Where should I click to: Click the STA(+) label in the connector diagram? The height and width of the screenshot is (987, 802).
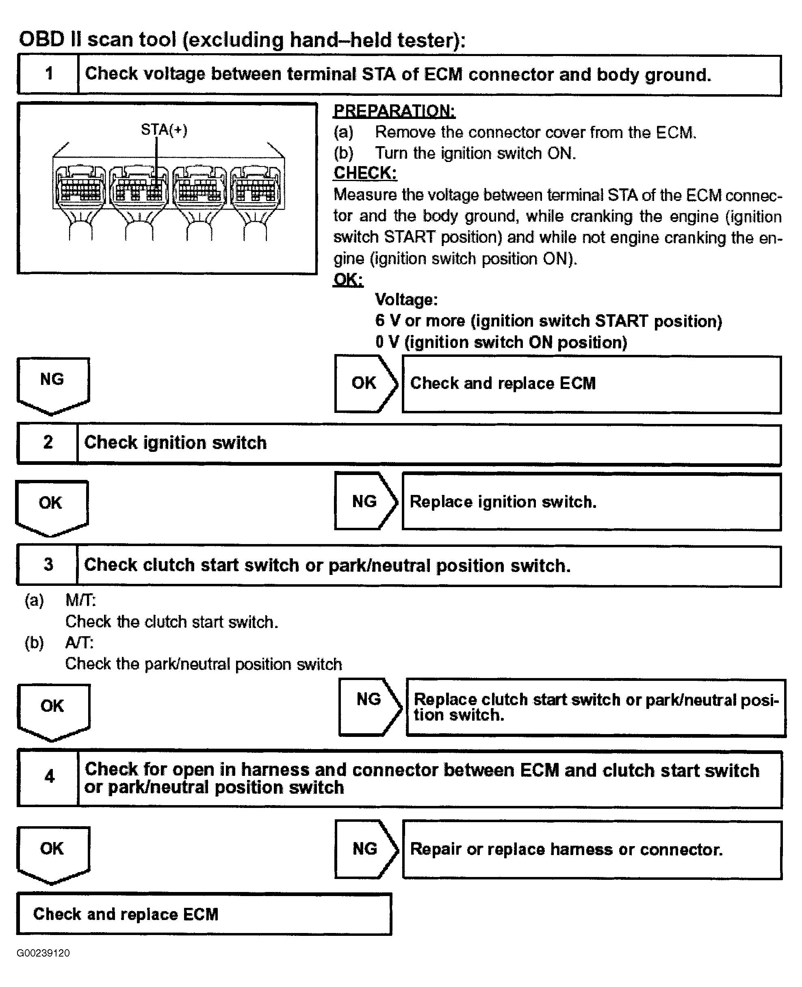click(164, 130)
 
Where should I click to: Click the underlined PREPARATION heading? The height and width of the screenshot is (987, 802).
click(394, 111)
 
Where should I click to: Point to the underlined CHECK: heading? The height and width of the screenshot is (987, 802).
click(365, 173)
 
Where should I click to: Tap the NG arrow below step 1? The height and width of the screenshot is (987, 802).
click(52, 384)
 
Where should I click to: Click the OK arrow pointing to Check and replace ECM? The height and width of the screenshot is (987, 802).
click(365, 383)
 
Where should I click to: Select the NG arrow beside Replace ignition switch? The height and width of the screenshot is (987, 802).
click(365, 501)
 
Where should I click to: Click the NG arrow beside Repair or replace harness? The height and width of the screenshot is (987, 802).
click(365, 849)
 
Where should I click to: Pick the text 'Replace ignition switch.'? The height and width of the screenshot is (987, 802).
click(503, 502)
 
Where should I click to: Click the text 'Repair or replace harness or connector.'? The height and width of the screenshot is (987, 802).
click(566, 849)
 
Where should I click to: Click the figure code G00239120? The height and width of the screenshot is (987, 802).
click(43, 953)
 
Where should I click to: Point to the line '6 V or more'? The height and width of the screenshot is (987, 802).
click(548, 321)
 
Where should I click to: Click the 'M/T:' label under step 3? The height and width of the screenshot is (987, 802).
click(80, 600)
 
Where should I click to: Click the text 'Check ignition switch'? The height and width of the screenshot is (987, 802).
click(175, 443)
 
